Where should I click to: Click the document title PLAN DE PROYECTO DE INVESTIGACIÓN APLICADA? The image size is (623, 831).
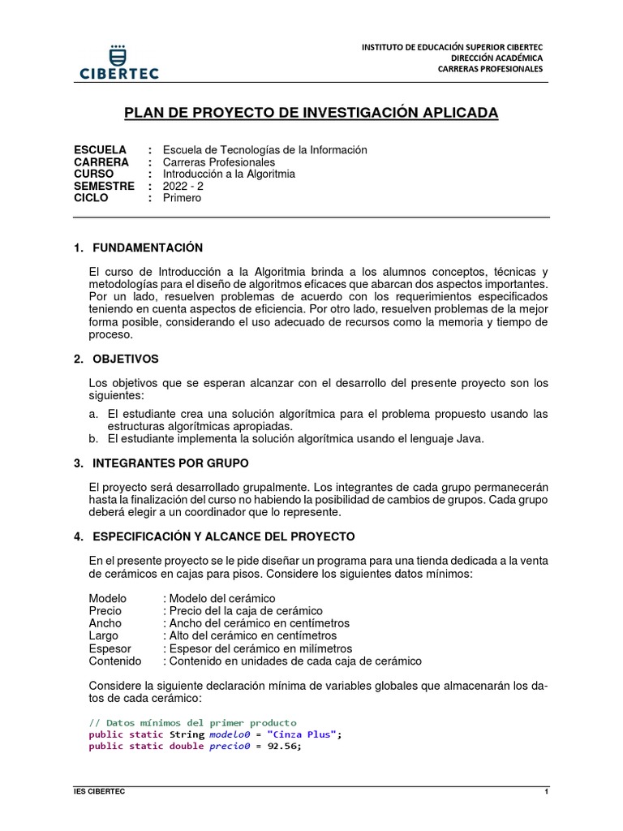(x=311, y=112)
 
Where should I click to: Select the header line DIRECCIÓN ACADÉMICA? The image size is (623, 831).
(x=496, y=58)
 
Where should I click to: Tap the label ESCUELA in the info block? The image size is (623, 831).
(x=100, y=150)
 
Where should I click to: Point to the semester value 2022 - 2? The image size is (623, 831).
(x=183, y=186)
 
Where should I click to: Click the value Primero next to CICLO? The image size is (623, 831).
(x=182, y=198)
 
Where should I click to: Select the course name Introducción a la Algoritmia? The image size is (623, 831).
(x=229, y=174)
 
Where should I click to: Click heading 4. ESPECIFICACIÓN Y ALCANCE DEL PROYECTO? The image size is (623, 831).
(x=213, y=537)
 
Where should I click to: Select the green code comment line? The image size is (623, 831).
(x=192, y=722)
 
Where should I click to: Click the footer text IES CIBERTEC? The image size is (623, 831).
(x=94, y=790)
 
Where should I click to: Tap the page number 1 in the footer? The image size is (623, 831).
(x=546, y=790)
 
